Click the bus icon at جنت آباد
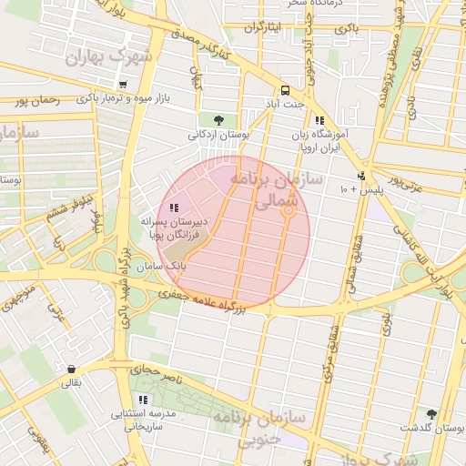point(286,90)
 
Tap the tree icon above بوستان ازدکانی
point(218,119)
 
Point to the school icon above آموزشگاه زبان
point(319,120)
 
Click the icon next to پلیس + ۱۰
point(361,176)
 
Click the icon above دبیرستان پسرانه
point(174,208)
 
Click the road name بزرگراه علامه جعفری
point(205,299)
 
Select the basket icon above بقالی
point(71,369)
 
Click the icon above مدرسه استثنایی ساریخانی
point(142,400)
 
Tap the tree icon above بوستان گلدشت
point(431,414)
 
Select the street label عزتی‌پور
point(405,179)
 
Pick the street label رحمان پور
point(36,101)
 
